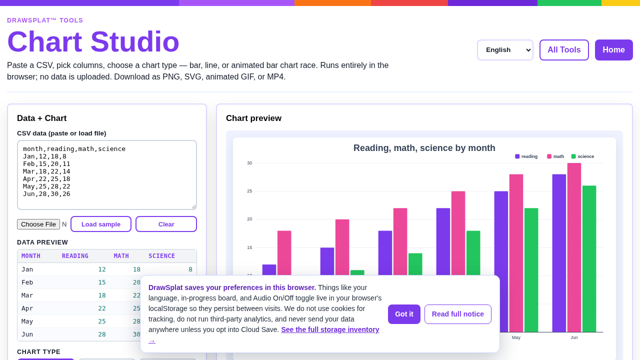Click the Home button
coord(613,50)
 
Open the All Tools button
coord(564,50)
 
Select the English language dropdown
coord(505,50)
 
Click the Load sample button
coord(101,224)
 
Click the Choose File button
coord(38,224)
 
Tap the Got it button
coord(404,314)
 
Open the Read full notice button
coord(457,314)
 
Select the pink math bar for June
coord(574,247)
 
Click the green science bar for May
coord(531,270)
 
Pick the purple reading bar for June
coord(559,253)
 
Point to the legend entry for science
coord(582,156)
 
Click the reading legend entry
coord(526,156)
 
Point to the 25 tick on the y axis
coord(249,191)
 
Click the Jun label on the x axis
coord(574,337)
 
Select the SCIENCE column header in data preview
coord(161,256)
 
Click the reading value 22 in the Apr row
coord(102,308)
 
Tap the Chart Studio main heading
coord(93,41)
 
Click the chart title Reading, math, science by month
coord(424,148)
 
